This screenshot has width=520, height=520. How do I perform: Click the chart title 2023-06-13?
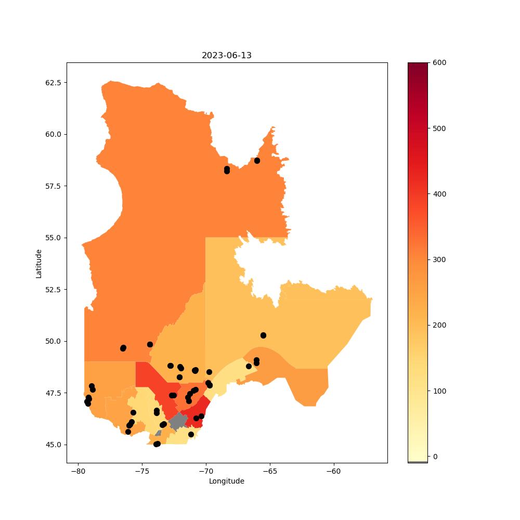227,56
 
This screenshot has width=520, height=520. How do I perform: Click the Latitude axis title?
39,264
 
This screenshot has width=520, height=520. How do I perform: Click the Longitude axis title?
227,481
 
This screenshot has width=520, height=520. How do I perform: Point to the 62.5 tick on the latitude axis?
54,83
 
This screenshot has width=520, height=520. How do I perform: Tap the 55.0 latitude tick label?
54,238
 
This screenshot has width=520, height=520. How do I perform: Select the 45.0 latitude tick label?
54,445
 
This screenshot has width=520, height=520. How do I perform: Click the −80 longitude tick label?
79,471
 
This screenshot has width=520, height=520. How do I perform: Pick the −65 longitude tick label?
269,471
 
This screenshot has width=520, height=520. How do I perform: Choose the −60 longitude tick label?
333,471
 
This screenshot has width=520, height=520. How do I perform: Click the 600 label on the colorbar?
439,63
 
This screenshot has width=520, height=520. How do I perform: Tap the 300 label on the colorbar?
439,259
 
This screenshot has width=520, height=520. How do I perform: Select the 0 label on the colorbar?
435,457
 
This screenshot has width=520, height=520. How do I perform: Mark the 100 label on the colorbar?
439,391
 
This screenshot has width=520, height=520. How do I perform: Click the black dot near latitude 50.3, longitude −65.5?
263,335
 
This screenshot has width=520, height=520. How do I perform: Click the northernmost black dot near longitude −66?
257,161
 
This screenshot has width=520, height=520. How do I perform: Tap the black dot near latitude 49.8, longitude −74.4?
150,345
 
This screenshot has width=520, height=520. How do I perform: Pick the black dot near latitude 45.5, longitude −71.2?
191,434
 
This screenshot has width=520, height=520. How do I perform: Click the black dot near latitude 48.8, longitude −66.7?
249,367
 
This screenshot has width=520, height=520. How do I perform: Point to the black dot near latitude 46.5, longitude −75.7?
133,412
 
